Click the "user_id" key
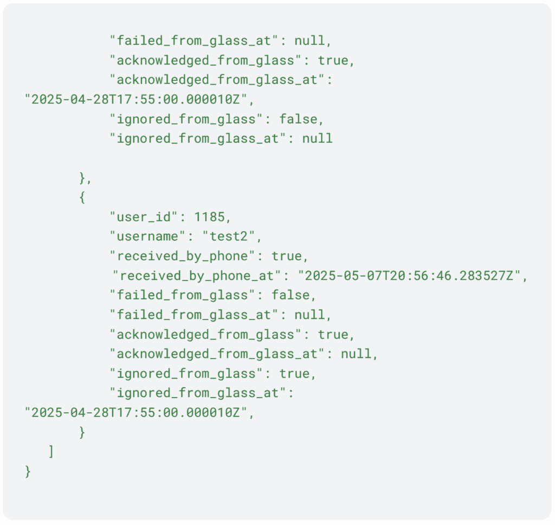pyautogui.click(x=144, y=217)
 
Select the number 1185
pyautogui.click(x=209, y=217)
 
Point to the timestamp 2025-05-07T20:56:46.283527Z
pyautogui.click(x=412, y=276)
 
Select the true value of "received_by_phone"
pyautogui.click(x=289, y=256)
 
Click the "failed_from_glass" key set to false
pyautogui.click(x=182, y=295)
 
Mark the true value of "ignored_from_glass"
pyautogui.click(x=297, y=374)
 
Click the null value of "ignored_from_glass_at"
pyautogui.click(x=317, y=138)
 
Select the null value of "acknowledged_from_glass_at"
pyautogui.click(x=356, y=354)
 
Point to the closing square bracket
pyautogui.click(x=51, y=451)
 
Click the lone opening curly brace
pyautogui.click(x=82, y=197)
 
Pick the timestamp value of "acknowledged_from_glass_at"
pyautogui.click(x=139, y=99)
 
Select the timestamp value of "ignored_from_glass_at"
pyautogui.click(x=139, y=413)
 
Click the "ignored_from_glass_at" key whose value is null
pyautogui.click(x=198, y=138)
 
